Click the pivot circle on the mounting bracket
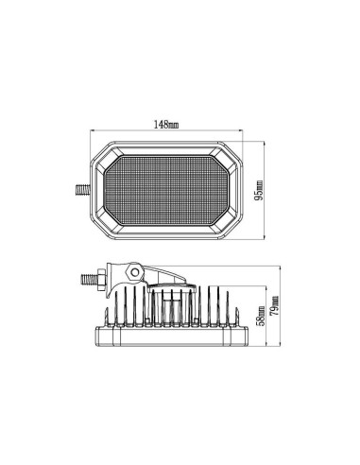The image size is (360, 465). point(135,273)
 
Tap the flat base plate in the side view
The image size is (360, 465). point(166,337)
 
